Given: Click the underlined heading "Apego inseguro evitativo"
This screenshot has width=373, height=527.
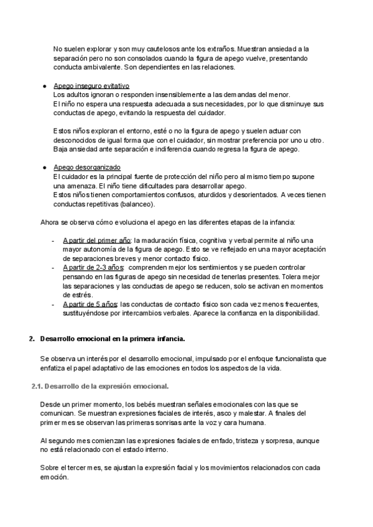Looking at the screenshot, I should pyautogui.click(x=91, y=86).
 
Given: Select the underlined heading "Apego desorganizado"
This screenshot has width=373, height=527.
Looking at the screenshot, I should pyautogui.click(x=87, y=168).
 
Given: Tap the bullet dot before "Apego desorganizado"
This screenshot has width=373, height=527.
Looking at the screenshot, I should pyautogui.click(x=45, y=168).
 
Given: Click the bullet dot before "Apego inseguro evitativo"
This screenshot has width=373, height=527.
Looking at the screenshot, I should pyautogui.click(x=45, y=86).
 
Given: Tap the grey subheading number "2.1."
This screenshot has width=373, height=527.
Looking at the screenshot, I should pyautogui.click(x=37, y=386).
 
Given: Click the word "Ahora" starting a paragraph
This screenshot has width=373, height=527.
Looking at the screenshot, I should pyautogui.click(x=50, y=222).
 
